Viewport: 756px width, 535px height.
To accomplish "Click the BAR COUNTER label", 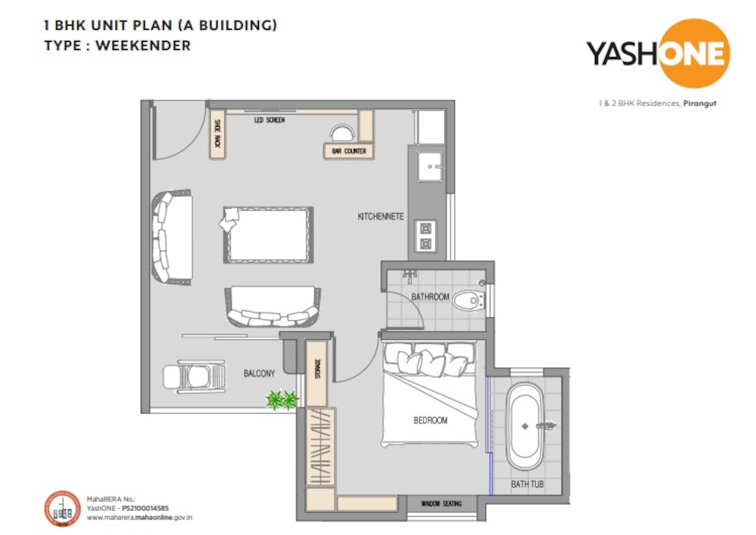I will coord(349,151).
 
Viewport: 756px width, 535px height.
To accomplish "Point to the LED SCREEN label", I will coord(269,120).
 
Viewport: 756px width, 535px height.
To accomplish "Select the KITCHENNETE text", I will coord(381,216).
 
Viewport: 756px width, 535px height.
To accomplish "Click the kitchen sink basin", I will coord(430,166).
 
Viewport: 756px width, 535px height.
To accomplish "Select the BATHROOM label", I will coord(430,297).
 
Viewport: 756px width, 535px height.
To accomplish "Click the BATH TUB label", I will coord(527,484).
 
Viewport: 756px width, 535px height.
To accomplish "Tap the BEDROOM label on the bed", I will coord(430,420).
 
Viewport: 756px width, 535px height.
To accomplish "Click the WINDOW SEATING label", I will coord(442,504).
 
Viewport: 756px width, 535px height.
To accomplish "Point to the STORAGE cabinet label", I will coord(318,369).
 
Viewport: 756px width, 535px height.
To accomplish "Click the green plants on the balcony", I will coord(282,400).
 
